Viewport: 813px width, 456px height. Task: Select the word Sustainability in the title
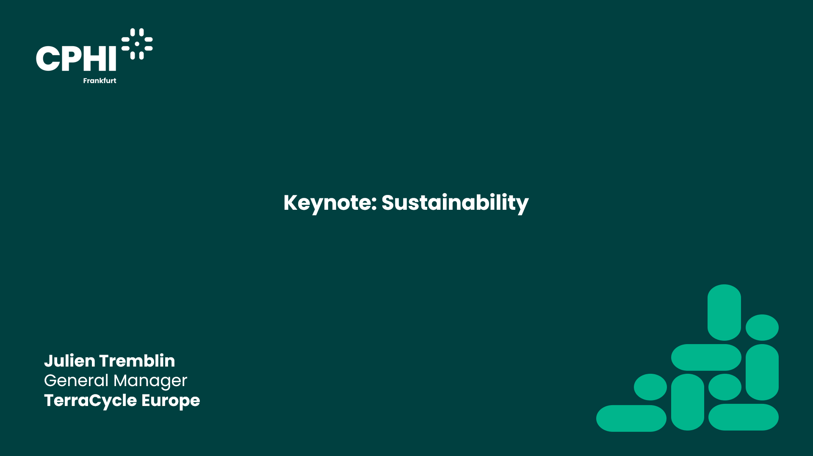click(455, 203)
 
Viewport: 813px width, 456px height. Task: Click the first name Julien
click(69, 361)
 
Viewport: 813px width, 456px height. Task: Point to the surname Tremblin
click(137, 361)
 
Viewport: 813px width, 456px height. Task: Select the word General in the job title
click(76, 381)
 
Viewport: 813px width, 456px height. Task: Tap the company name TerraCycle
click(91, 401)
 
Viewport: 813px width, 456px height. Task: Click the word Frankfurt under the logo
click(100, 81)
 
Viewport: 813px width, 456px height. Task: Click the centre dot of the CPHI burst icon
click(137, 44)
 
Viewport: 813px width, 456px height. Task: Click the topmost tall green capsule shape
click(724, 312)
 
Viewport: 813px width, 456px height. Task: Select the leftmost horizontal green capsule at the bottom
click(631, 418)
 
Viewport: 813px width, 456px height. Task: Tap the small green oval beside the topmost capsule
click(762, 327)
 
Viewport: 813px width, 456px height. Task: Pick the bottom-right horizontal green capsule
click(744, 417)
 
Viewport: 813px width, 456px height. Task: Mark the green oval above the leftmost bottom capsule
click(650, 387)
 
